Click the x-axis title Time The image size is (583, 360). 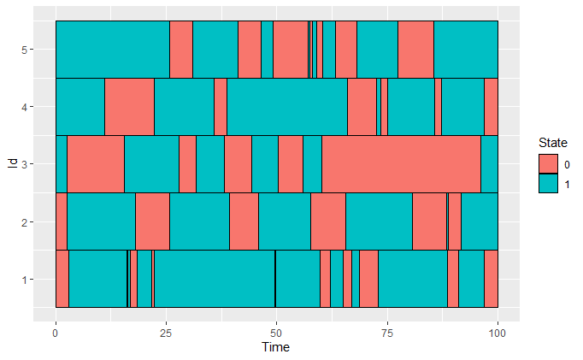click(x=276, y=348)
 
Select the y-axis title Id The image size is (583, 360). click(x=11, y=164)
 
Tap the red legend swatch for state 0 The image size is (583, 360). click(x=547, y=162)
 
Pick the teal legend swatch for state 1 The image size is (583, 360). click(x=547, y=183)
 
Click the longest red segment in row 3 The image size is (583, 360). click(x=401, y=164)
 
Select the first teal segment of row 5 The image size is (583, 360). click(x=112, y=50)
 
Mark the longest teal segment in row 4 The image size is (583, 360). click(x=287, y=107)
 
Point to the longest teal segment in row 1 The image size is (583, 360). click(x=215, y=279)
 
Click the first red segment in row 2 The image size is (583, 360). click(x=61, y=221)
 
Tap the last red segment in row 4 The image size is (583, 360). click(x=491, y=107)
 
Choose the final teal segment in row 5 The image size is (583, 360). click(x=466, y=50)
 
